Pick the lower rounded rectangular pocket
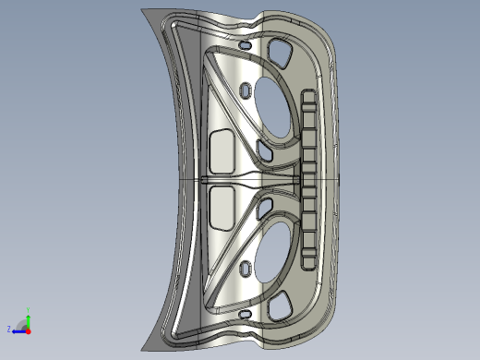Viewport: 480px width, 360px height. click(222, 207)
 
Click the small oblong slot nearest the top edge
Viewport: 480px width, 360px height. click(244, 44)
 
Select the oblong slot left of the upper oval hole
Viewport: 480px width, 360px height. click(246, 91)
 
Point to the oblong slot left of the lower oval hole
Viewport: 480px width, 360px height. click(246, 268)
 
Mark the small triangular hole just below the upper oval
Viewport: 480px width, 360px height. click(264, 149)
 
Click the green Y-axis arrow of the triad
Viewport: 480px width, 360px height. click(29, 318)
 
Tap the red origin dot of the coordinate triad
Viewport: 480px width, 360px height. click(28, 329)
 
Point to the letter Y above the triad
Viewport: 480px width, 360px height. click(29, 310)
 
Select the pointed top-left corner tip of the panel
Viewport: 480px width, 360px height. click(144, 9)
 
